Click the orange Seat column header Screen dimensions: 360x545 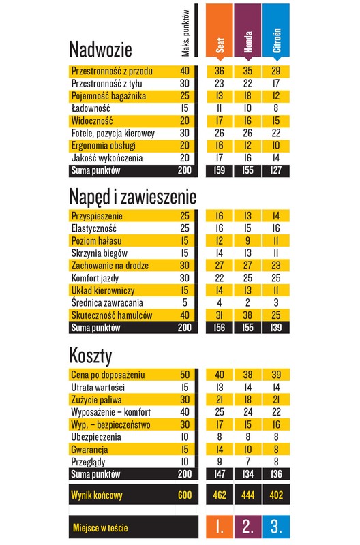pos(220,31)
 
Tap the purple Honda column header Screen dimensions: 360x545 pos(247,31)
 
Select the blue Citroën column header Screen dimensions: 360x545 pos(276,31)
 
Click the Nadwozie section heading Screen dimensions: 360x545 pos(100,49)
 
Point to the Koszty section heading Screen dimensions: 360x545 pos(91,356)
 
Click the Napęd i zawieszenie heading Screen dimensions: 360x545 pos(132,197)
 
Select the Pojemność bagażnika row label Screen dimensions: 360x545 pos(108,96)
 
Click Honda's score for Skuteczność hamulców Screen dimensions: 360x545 pos(247,315)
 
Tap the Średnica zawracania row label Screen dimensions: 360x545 pos(107,302)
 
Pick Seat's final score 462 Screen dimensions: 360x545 pos(220,495)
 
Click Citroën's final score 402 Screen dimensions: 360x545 pos(276,495)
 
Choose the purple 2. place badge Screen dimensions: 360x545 pos(247,527)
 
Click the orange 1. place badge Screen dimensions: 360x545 pos(220,527)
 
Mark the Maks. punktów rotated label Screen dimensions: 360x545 pos(185,33)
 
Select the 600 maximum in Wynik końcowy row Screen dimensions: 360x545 pos(185,495)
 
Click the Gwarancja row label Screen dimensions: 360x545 pos(89,450)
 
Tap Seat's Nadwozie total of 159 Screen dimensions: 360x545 pos(220,170)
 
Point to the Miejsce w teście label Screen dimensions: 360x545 pos(100,528)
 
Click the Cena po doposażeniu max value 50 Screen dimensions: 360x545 pos(185,375)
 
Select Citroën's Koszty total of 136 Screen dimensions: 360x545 pos(276,474)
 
